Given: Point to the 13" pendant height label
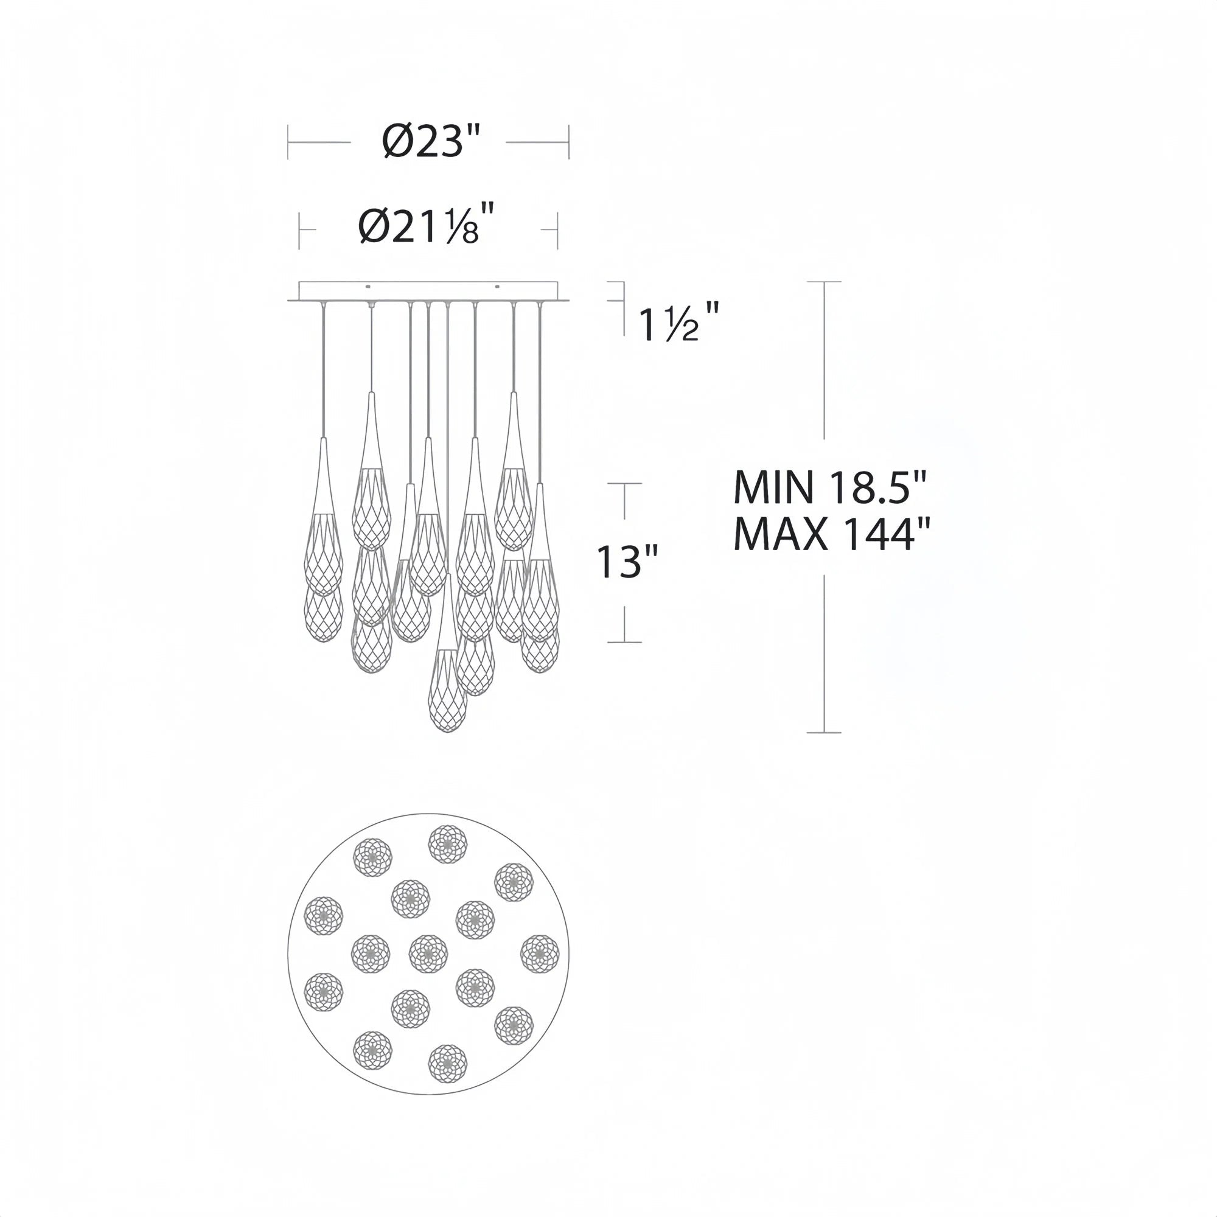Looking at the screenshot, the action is (x=627, y=562).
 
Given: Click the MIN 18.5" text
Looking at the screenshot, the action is (x=831, y=487).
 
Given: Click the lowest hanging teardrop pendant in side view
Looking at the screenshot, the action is (x=447, y=690).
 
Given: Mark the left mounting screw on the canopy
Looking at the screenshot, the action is (x=369, y=287).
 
